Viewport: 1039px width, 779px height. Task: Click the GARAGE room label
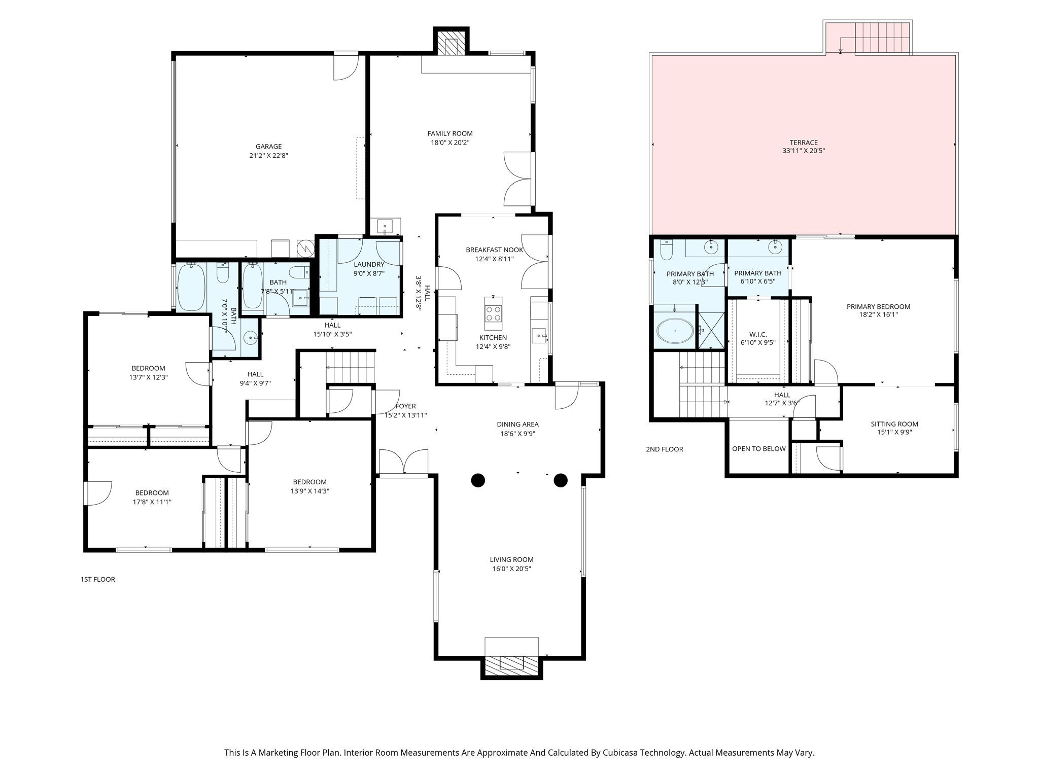(268, 147)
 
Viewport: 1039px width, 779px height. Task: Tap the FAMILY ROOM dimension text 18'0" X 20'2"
(450, 143)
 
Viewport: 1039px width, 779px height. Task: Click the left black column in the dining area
(478, 480)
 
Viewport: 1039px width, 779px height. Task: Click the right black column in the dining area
(560, 480)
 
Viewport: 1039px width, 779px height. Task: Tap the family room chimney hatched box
(451, 46)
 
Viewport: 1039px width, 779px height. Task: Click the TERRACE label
(804, 143)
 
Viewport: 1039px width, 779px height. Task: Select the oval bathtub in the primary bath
(675, 331)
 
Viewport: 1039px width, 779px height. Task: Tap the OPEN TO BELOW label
(758, 449)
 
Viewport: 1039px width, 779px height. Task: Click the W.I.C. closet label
(758, 334)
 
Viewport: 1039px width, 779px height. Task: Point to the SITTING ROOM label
(894, 424)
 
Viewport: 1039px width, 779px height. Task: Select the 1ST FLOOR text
(97, 579)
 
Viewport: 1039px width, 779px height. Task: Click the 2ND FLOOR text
(664, 449)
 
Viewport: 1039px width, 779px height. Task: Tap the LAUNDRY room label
(369, 264)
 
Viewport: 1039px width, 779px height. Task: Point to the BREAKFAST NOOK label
(495, 250)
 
